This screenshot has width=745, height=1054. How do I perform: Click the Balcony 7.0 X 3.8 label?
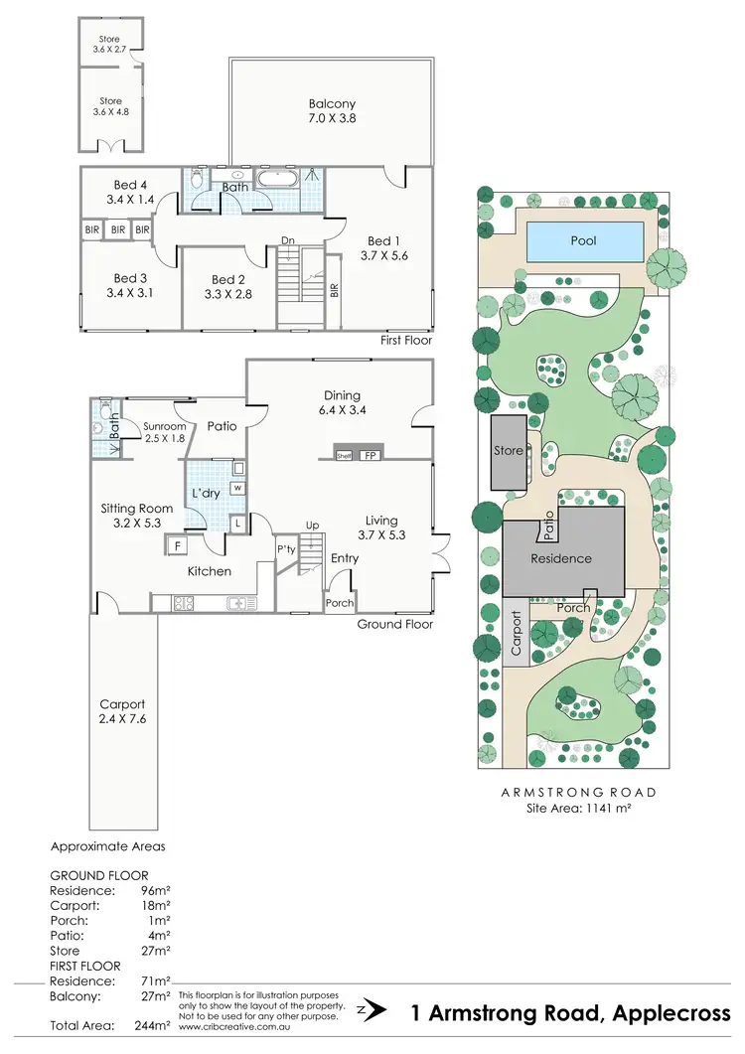(x=332, y=111)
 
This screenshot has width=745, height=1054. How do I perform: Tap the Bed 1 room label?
(x=379, y=247)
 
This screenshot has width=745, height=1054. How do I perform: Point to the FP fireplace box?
(x=370, y=456)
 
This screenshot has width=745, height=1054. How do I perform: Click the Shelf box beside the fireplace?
(x=344, y=456)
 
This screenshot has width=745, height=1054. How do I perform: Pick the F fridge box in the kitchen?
(x=177, y=545)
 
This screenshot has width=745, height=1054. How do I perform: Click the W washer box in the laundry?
(x=237, y=488)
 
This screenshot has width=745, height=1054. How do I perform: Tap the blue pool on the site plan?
(x=583, y=240)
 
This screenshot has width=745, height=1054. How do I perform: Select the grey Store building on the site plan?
(x=509, y=452)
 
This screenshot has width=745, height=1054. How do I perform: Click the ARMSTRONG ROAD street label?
(x=579, y=793)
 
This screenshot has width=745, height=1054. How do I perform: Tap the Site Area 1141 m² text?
(x=579, y=809)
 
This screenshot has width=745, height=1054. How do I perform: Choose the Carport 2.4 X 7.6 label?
(x=121, y=710)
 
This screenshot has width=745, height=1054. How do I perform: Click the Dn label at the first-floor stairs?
(x=287, y=239)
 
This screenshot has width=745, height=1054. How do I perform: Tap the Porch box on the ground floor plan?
(x=339, y=602)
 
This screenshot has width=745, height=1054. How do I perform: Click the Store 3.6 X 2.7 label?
(x=110, y=45)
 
